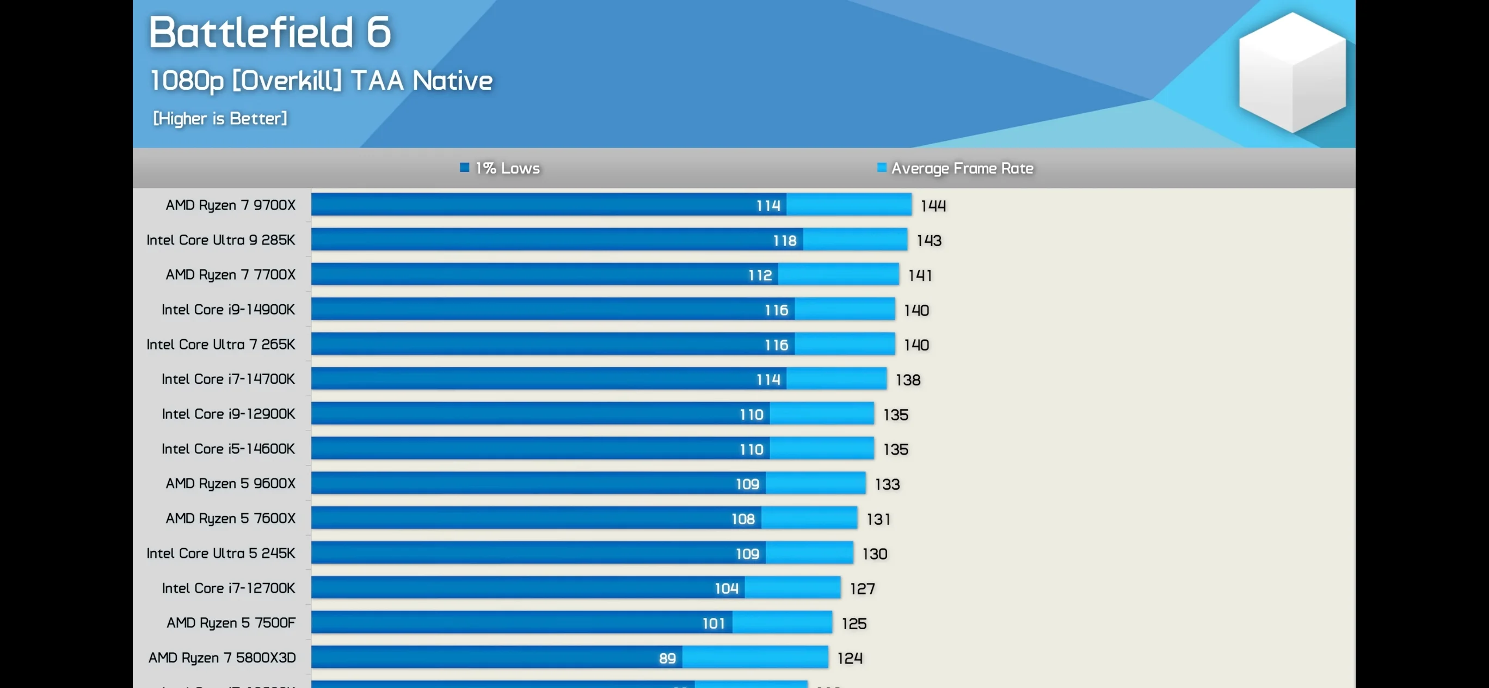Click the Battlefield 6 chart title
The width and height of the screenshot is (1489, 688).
269,32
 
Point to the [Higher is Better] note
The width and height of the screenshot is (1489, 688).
220,119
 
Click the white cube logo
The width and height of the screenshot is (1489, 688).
1292,72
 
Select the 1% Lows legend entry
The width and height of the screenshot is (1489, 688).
500,168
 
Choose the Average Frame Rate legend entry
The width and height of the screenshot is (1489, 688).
955,168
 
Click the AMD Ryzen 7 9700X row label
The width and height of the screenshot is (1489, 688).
230,205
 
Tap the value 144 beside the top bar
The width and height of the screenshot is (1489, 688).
933,206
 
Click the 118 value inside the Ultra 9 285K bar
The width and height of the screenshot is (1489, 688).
784,241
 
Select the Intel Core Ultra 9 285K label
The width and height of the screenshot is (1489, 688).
221,240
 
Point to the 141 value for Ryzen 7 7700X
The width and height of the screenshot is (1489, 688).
920,275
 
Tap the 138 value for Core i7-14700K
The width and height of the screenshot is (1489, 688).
908,380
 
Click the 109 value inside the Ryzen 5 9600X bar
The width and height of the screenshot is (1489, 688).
747,484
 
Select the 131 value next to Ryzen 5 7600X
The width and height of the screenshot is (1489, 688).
878,519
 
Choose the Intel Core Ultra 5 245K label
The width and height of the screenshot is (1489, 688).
221,554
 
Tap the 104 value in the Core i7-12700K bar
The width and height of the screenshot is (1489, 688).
726,588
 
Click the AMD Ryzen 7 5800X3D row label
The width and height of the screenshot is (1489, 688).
222,658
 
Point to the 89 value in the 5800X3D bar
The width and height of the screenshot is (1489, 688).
667,658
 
